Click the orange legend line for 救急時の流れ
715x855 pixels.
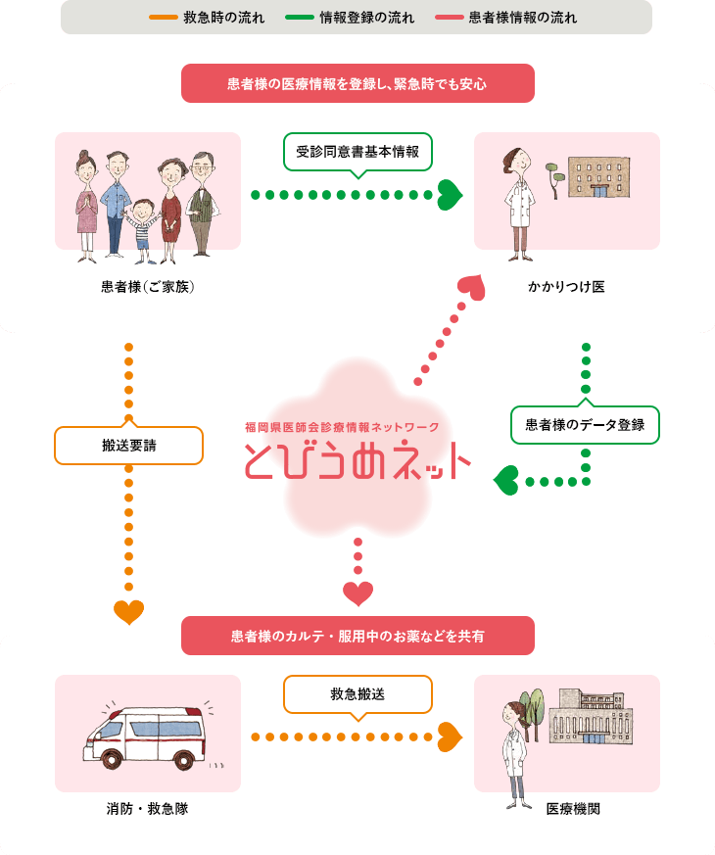tap(163, 18)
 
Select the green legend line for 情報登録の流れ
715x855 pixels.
tap(300, 18)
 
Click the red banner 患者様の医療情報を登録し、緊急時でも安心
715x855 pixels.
tap(357, 84)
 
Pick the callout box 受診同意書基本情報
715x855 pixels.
tap(357, 152)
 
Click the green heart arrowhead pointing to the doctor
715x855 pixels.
tap(449, 194)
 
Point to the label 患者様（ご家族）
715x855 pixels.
tap(148, 287)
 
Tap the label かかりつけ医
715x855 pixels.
tap(566, 287)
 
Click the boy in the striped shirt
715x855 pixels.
tap(144, 230)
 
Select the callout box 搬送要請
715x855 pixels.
tap(128, 445)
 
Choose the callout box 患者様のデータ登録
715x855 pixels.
tap(585, 425)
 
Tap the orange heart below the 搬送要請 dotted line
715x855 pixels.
tap(128, 612)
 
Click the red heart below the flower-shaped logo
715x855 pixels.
tap(357, 593)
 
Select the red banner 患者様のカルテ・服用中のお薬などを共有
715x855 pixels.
tap(357, 637)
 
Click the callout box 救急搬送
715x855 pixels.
tap(357, 694)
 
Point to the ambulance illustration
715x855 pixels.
tap(147, 735)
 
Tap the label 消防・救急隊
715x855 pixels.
tap(148, 810)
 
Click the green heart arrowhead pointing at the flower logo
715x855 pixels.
tap(505, 480)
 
